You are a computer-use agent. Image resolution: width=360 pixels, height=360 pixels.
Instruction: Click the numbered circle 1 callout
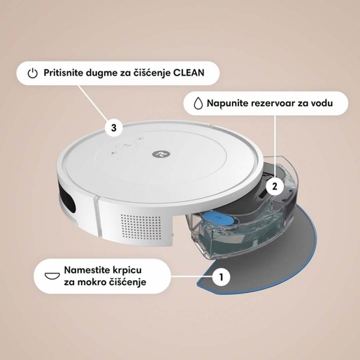(x=222, y=277)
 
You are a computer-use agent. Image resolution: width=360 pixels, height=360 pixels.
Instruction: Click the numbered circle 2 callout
(x=275, y=187)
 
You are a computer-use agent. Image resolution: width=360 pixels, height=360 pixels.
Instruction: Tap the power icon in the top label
(x=31, y=73)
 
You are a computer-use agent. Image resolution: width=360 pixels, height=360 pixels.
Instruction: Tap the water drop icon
(x=199, y=103)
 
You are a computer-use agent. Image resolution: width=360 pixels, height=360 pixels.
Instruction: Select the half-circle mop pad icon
(x=50, y=275)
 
